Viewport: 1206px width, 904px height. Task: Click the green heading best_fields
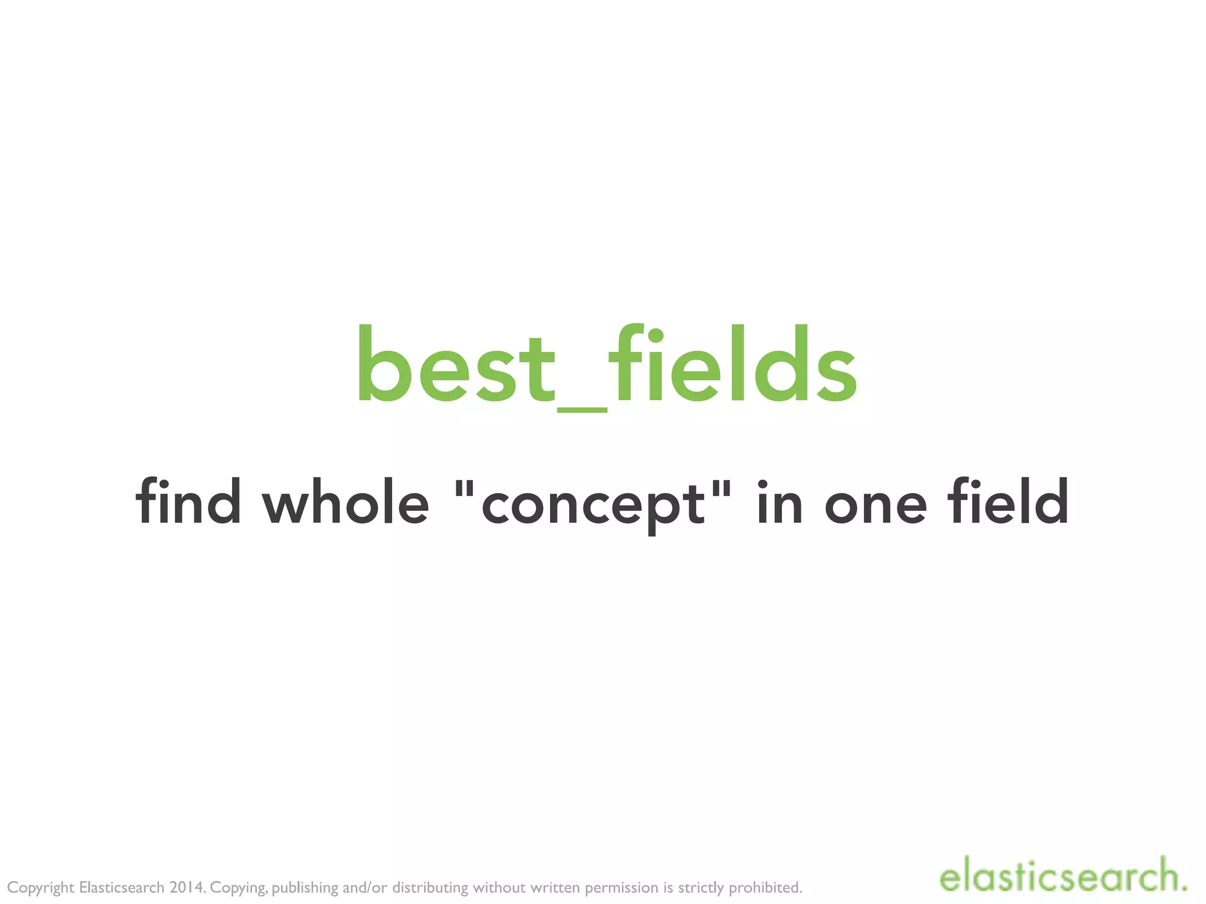[607, 365]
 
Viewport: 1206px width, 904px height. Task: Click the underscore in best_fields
[582, 408]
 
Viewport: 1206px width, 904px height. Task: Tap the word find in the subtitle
[188, 501]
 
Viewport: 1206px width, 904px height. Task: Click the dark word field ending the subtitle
[1008, 501]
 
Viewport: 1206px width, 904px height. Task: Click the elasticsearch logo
[1062, 876]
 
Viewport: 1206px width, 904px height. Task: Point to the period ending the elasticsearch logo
[1182, 886]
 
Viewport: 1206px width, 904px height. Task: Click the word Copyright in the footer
[41, 888]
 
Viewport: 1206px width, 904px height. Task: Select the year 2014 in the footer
[187, 887]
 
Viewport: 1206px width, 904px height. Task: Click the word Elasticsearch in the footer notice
[122, 887]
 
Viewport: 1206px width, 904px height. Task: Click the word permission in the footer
[621, 888]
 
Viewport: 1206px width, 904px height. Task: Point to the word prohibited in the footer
[765, 888]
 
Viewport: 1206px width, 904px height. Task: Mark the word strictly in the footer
[701, 888]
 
